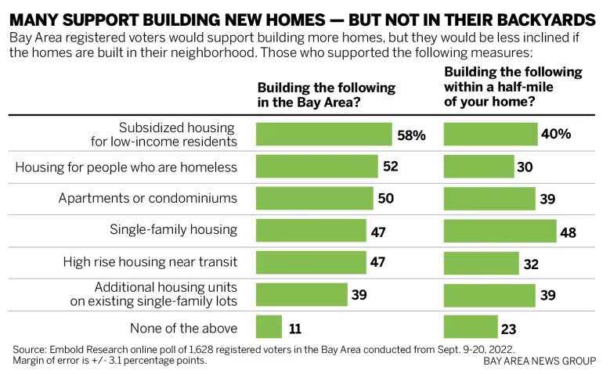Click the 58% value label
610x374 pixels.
[410, 135]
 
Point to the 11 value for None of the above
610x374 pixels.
[296, 327]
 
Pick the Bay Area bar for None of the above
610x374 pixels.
[269, 326]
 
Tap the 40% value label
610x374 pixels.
[555, 134]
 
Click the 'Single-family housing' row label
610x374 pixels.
[173, 230]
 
